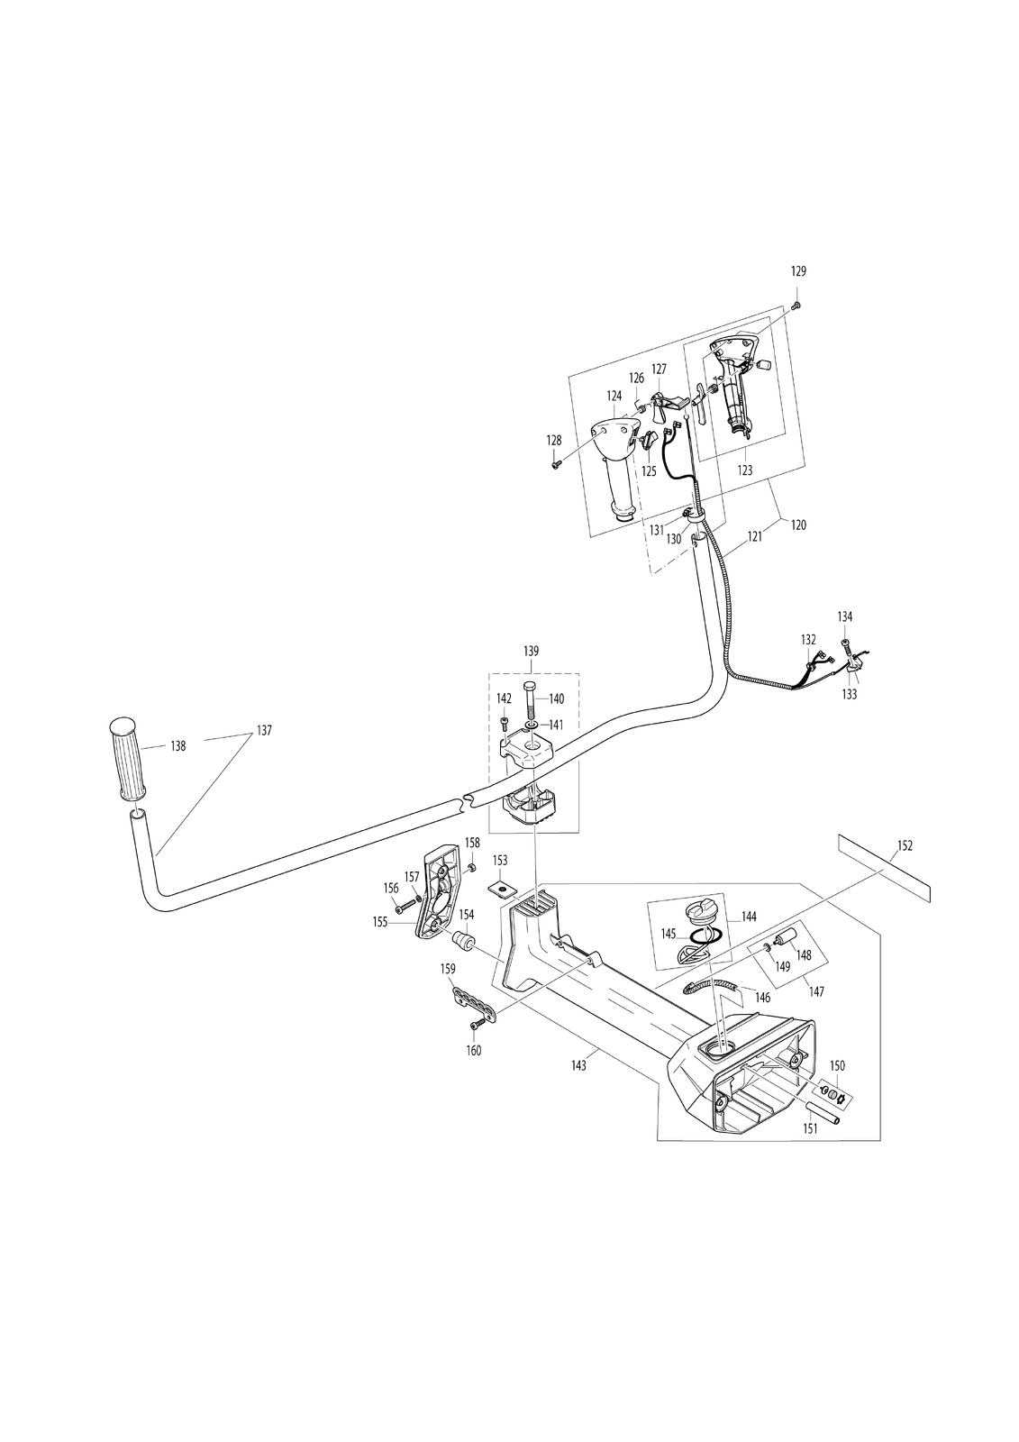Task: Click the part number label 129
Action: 797,271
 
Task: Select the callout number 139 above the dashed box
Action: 531,651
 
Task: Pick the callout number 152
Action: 905,846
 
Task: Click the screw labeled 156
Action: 405,907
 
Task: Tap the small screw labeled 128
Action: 557,462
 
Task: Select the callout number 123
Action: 744,470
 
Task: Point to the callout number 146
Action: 762,999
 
